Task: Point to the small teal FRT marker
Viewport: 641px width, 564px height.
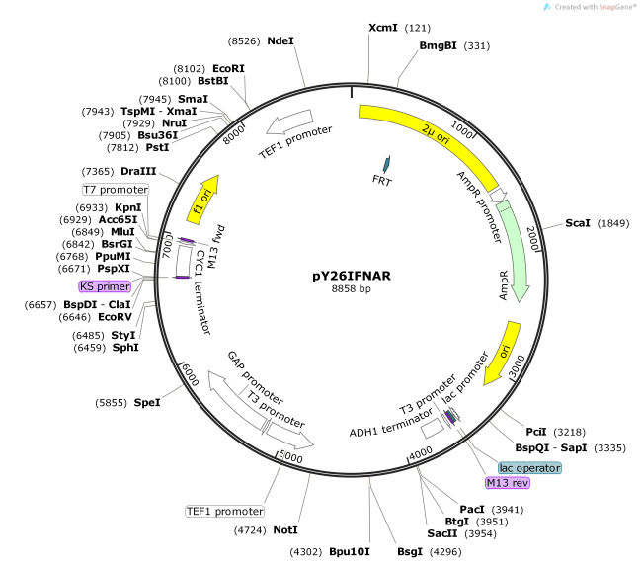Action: tap(386, 163)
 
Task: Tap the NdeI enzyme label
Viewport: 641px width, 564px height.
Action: tap(280, 40)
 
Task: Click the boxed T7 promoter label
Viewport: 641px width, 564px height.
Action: tap(115, 189)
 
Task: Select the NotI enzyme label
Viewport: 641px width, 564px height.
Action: tap(284, 530)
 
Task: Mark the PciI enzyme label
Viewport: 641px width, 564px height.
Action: tap(535, 432)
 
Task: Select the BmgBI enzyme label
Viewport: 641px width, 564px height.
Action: tap(438, 45)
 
